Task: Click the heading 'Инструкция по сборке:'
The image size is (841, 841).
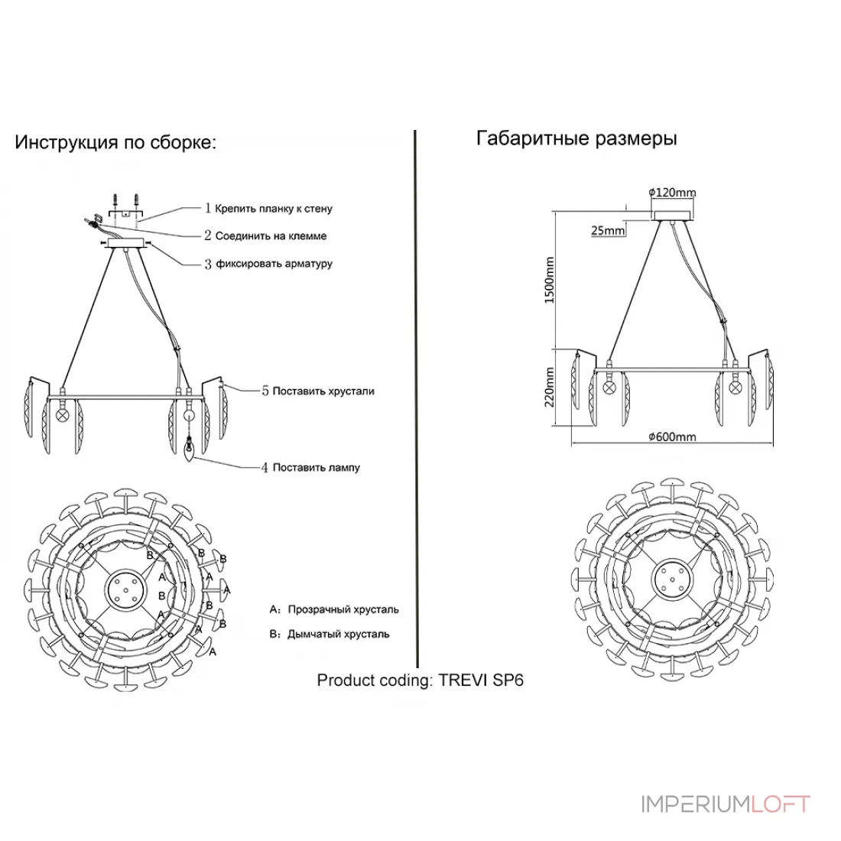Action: (x=115, y=142)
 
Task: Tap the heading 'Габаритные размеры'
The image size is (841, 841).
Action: (x=576, y=138)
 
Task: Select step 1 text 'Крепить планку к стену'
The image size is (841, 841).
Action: (x=274, y=209)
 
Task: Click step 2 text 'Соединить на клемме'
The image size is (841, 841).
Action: (x=271, y=236)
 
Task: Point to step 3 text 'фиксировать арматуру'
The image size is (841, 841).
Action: (x=274, y=264)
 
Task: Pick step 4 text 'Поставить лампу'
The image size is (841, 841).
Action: (x=317, y=468)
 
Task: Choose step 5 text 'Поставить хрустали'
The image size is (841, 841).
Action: (x=323, y=391)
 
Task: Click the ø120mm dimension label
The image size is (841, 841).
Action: (x=672, y=193)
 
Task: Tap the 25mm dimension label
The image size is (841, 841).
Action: (x=609, y=231)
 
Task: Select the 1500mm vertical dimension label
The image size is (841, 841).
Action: (x=549, y=280)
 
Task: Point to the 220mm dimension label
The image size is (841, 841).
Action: (x=549, y=388)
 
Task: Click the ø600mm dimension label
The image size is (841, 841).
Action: (x=672, y=437)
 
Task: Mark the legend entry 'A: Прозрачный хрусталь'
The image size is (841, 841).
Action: (x=334, y=610)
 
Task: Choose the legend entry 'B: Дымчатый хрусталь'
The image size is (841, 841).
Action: (x=330, y=635)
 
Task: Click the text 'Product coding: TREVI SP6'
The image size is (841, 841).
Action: (x=420, y=680)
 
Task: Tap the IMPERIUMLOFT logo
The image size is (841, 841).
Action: (x=726, y=804)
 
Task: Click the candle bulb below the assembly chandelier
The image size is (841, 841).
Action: (x=190, y=450)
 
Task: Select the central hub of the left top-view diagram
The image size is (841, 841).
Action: (x=126, y=589)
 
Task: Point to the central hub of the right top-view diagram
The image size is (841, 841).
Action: (x=672, y=579)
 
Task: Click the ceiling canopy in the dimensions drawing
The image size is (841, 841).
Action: (x=673, y=216)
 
